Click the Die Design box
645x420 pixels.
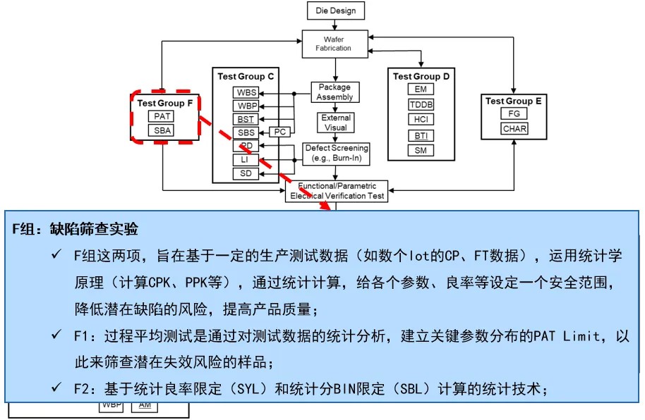(336, 10)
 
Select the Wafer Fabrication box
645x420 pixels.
(336, 43)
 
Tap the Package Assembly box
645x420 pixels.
(334, 92)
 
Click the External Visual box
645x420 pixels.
(336, 122)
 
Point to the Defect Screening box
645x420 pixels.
(336, 153)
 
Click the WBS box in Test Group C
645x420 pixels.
(246, 92)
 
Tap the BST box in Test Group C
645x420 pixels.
(246, 119)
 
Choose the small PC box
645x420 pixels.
(280, 132)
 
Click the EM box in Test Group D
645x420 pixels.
(421, 89)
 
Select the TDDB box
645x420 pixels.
(421, 105)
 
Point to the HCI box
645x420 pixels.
(421, 120)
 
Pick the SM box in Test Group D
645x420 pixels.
(421, 150)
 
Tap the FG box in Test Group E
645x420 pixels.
(514, 114)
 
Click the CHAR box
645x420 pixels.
(514, 129)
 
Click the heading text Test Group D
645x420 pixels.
(421, 76)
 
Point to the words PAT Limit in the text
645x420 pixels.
(569, 336)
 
